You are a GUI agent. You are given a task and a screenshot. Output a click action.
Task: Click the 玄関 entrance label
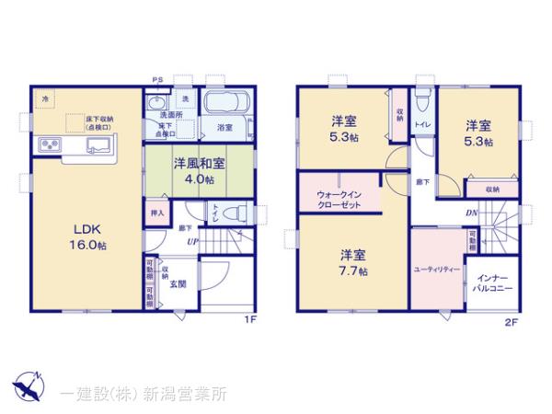[x=178, y=284]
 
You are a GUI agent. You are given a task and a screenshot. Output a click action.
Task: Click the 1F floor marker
[x=249, y=319]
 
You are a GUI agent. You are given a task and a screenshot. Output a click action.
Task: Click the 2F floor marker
[x=511, y=321]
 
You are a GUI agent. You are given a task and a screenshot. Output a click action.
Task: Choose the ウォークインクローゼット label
[x=340, y=200]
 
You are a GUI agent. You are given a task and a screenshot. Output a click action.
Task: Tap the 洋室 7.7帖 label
[x=354, y=262]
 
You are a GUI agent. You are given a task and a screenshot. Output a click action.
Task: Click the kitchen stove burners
[x=49, y=145]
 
